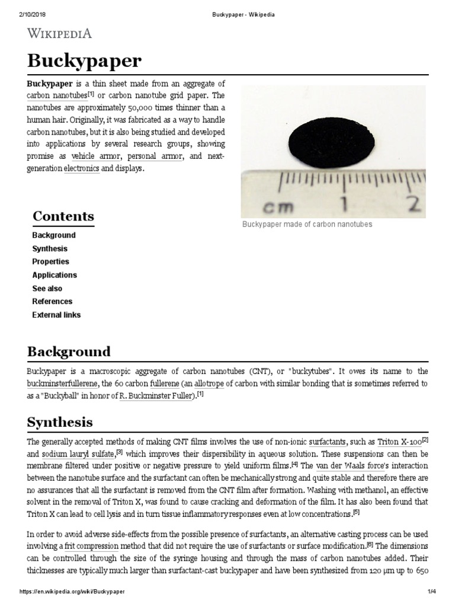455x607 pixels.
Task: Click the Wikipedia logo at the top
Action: tap(60, 33)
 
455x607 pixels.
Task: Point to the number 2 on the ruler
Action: tap(412, 205)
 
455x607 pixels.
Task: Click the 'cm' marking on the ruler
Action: tap(277, 207)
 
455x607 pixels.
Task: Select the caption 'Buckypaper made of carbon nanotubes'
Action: tap(307, 225)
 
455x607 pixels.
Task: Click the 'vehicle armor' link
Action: tap(96, 156)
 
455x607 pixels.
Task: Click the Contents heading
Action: tap(63, 216)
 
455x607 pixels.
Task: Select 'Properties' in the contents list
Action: tap(50, 261)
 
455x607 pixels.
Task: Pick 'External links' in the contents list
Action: tap(56, 315)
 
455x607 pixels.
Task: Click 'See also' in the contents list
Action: tap(47, 288)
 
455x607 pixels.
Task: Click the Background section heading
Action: tap(69, 352)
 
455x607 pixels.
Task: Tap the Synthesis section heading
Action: tap(60, 422)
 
